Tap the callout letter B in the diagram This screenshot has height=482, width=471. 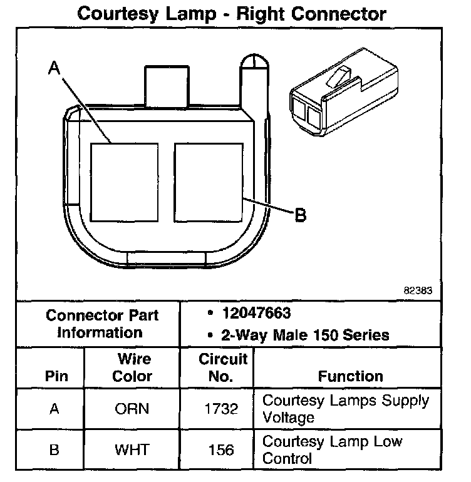pos(300,215)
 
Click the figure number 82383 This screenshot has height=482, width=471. pos(418,290)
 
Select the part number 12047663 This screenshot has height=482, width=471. pos(256,313)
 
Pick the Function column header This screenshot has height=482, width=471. pos(350,376)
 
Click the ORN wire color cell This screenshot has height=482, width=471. pos(132,409)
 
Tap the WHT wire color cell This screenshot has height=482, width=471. pos(132,449)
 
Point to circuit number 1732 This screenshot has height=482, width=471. pos(221,409)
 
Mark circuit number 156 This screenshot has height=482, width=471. pos(221,449)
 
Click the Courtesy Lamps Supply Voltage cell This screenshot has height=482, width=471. pos(345,408)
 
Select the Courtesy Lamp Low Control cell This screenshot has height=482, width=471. pos(332,449)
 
